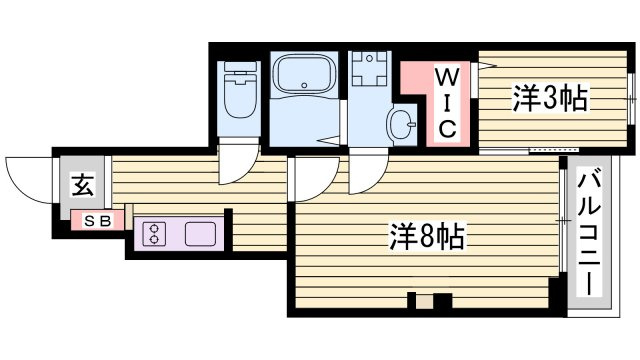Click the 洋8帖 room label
[x=427, y=237]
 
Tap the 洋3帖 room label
[x=550, y=98]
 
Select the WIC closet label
[x=447, y=103]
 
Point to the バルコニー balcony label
[x=589, y=234]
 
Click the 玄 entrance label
[x=84, y=185]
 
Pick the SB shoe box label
[x=98, y=221]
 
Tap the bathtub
[x=304, y=74]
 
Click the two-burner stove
[x=154, y=234]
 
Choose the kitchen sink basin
[x=200, y=234]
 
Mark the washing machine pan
[x=370, y=68]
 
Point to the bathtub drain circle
[x=304, y=85]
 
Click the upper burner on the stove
[x=154, y=228]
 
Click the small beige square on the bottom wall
[x=424, y=302]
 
